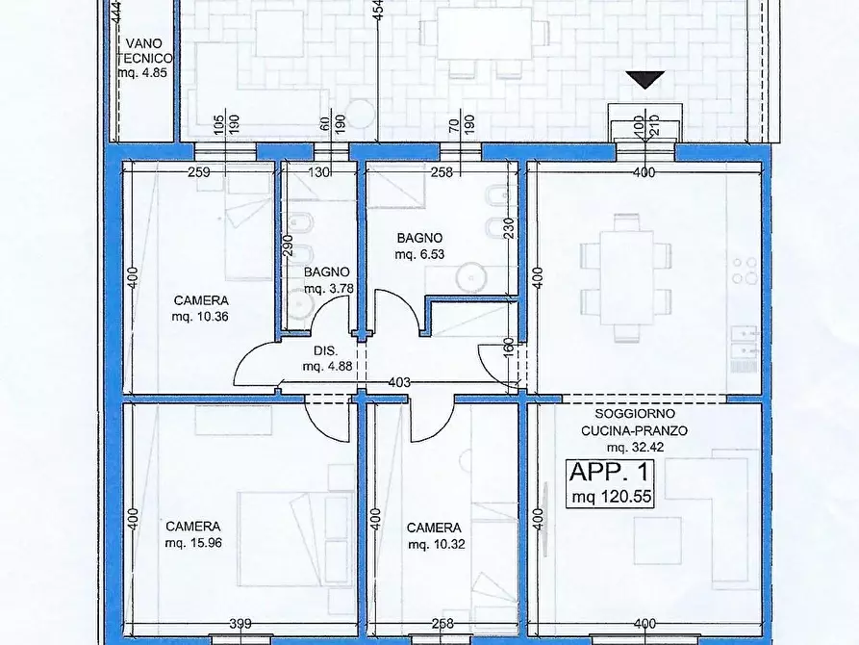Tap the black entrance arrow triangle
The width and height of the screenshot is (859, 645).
[x=645, y=80]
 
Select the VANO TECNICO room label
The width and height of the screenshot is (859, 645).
[x=144, y=50]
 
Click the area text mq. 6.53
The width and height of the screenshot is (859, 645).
[x=419, y=254]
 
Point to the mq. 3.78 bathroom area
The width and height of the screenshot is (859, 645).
[x=329, y=289]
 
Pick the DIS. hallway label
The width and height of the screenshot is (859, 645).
[x=325, y=351]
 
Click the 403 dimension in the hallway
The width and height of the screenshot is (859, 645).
[x=399, y=382]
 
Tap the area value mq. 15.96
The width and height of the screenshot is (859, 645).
[x=193, y=543]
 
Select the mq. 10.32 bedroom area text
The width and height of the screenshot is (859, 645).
[x=437, y=544]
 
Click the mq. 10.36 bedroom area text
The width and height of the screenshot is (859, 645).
[x=200, y=317]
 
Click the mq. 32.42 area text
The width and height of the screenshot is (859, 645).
[x=635, y=447]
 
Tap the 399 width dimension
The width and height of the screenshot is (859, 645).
[x=240, y=624]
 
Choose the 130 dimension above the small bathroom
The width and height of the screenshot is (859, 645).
[x=318, y=172]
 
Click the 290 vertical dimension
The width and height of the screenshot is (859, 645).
[x=290, y=246]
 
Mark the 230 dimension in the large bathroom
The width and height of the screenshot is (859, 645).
[x=509, y=228]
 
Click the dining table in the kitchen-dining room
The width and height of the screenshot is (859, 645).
[x=626, y=278]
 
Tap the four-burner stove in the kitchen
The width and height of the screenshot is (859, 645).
[x=745, y=271]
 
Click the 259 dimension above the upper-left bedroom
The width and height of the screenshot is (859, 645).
[x=199, y=172]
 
